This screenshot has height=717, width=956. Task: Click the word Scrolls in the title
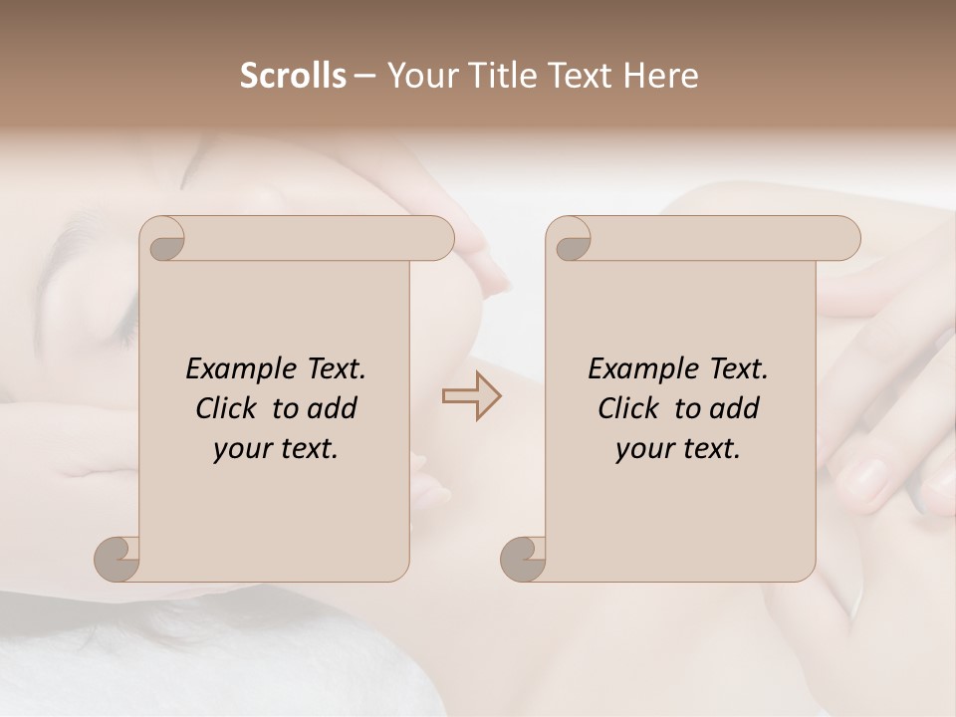[293, 76]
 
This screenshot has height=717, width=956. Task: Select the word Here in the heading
[660, 76]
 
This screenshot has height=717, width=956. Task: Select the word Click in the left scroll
[225, 408]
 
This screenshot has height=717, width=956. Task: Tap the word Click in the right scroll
[627, 408]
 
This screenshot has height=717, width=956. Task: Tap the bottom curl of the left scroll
[118, 558]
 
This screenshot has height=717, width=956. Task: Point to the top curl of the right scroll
[571, 240]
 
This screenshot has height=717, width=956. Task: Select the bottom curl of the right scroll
[523, 558]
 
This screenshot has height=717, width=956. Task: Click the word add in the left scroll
[333, 408]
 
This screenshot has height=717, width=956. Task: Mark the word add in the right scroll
[735, 408]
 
